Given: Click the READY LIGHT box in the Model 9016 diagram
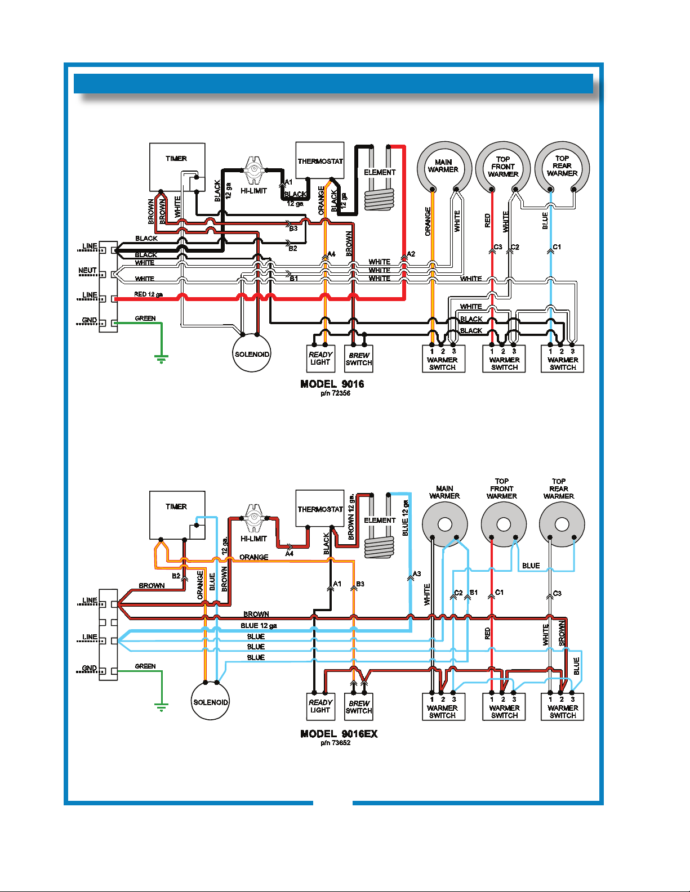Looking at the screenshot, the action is (320, 358).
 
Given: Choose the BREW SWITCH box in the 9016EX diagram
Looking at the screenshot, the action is (359, 706).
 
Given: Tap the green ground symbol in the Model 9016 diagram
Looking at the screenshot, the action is (161, 360).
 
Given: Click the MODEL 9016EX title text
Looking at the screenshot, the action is (339, 734).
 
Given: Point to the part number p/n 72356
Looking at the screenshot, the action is (336, 393).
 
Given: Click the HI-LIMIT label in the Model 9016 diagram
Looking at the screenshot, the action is (253, 191).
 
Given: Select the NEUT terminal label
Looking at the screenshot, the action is (87, 271).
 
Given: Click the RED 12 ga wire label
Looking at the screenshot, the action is (148, 294).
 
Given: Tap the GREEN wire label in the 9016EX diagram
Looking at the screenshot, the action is (145, 666).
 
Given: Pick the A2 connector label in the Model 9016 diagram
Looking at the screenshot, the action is (411, 254).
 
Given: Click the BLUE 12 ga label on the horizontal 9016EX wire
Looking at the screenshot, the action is (259, 626).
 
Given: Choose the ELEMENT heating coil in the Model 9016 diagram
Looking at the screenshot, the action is (380, 199).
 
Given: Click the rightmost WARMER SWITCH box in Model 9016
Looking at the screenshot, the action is (562, 359).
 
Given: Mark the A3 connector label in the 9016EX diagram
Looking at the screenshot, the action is (417, 574).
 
